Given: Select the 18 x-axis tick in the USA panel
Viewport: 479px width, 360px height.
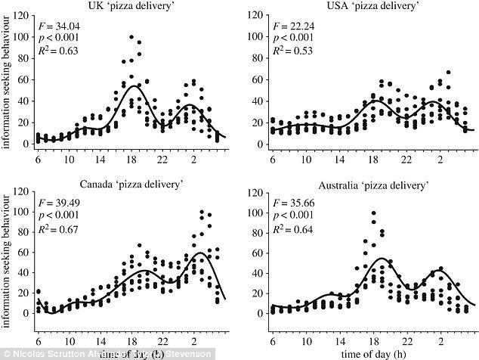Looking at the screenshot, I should coord(372,160).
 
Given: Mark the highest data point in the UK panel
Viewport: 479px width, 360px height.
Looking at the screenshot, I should coord(131,36).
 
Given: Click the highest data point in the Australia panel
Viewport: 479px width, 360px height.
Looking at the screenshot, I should coord(373,213).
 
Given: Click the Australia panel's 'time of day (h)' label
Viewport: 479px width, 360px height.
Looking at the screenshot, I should coord(372,354).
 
